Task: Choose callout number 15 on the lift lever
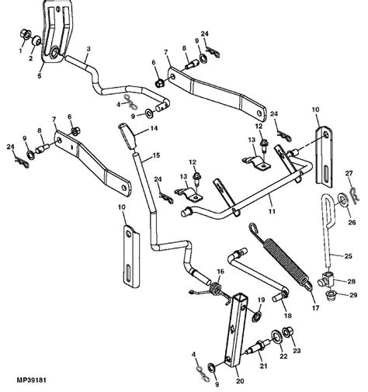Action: [157, 156]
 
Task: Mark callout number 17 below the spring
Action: [293, 307]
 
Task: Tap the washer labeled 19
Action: [259, 314]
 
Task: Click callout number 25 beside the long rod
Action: [347, 255]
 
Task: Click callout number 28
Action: [352, 281]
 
